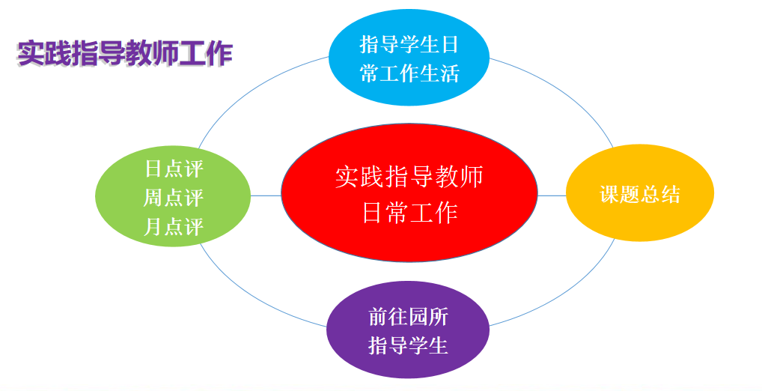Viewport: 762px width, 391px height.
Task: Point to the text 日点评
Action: pos(174,169)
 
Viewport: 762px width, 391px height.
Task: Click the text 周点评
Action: pos(174,198)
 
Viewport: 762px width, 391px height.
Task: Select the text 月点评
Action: pos(174,227)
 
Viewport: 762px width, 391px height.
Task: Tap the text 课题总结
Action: pos(640,195)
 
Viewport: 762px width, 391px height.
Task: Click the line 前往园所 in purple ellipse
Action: pos(408,317)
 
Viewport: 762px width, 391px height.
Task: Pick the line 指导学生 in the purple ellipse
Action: pos(408,345)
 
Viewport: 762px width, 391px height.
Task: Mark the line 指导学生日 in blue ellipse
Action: pos(409,45)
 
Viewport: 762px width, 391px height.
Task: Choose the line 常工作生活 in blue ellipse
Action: pos(409,73)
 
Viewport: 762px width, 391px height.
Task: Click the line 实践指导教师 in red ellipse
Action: pos(409,177)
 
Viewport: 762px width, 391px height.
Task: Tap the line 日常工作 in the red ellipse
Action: pos(409,213)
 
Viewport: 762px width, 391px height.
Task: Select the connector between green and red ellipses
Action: pos(266,195)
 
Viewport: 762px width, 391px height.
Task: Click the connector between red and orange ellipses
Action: pos(552,195)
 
